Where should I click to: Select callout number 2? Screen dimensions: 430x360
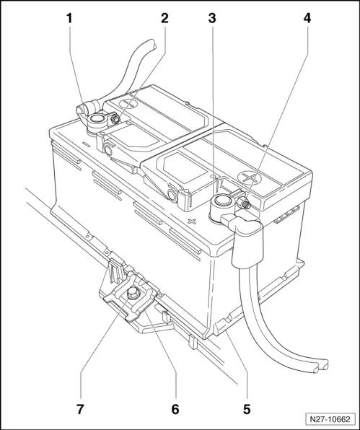[164, 18]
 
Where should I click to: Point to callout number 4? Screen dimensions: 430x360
[307, 18]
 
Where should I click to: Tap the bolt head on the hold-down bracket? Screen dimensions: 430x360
[133, 293]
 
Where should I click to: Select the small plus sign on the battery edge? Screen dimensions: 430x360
[191, 221]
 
